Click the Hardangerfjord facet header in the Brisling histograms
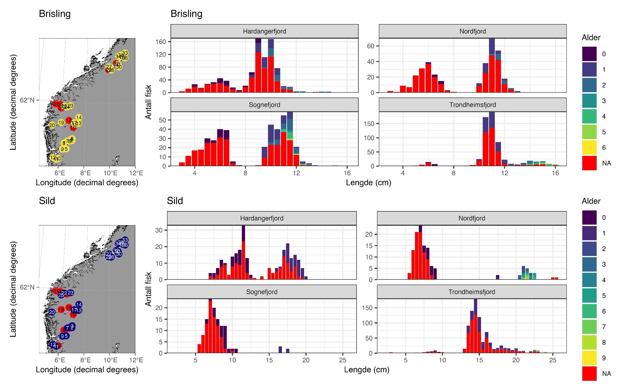pyautogui.click(x=264, y=31)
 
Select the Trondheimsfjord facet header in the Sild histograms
pyautogui.click(x=472, y=292)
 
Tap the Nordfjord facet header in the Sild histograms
pyautogui.click(x=472, y=218)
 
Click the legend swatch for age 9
pyautogui.click(x=589, y=358)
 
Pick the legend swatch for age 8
pyautogui.click(x=589, y=342)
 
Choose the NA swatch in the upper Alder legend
pyautogui.click(x=589, y=163)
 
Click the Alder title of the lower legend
pyautogui.click(x=591, y=201)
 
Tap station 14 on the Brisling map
pyautogui.click(x=79, y=117)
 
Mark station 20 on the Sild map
pyautogui.click(x=52, y=312)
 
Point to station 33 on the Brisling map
pyautogui.click(x=125, y=53)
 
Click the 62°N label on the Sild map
pyautogui.click(x=27, y=287)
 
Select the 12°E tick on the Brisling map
pyautogui.click(x=135, y=173)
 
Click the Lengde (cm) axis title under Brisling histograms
pyautogui.click(x=368, y=183)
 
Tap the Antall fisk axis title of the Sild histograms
pyautogui.click(x=149, y=289)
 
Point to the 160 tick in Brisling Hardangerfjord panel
pyautogui.click(x=162, y=42)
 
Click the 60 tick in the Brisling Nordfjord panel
pyautogui.click(x=370, y=46)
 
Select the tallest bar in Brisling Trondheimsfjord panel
pyautogui.click(x=492, y=139)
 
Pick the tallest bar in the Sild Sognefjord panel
pyautogui.click(x=210, y=326)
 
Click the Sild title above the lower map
pyautogui.click(x=47, y=201)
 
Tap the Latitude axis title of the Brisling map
pyautogui.click(x=13, y=102)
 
